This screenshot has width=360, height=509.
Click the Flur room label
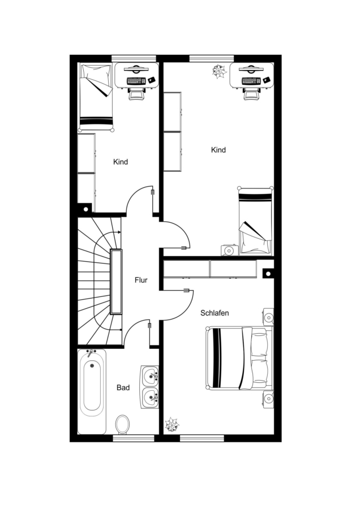[141, 280]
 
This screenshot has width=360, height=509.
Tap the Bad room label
[123, 387]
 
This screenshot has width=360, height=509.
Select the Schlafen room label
[215, 313]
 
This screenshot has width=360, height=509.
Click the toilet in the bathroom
[122, 424]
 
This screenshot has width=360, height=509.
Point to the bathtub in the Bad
[92, 392]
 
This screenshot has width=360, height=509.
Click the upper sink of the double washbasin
[150, 376]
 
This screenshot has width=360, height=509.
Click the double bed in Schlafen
[239, 358]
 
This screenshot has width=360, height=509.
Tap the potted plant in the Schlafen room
[172, 425]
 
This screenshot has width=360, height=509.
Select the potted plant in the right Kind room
[219, 71]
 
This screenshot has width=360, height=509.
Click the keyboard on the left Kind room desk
[136, 80]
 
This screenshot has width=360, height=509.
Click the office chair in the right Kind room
[251, 93]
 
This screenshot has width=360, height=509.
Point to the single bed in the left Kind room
[96, 97]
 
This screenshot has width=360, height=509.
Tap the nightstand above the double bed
[268, 317]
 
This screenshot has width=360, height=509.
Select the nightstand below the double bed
[268, 399]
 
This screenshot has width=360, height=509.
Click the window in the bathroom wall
[134, 438]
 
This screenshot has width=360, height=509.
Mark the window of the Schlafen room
[202, 438]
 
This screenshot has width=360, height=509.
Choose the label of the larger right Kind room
[218, 150]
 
